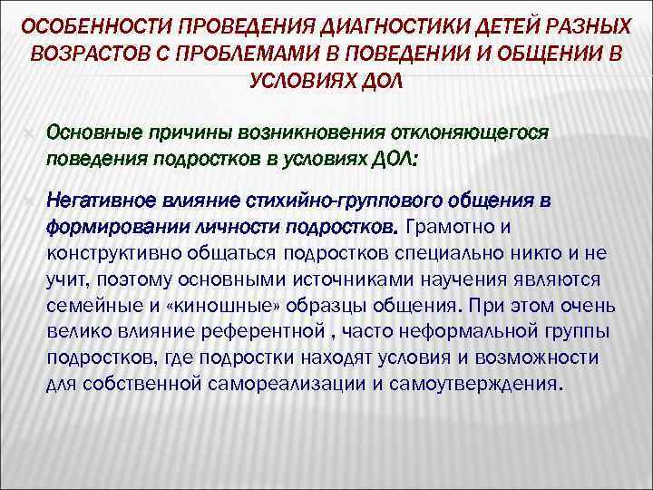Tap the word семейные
87,303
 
